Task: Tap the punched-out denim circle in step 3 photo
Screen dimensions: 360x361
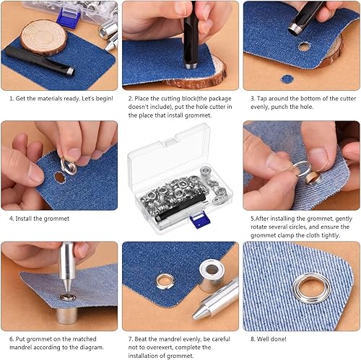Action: point(287,79)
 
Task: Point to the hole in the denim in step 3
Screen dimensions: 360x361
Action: point(303,46)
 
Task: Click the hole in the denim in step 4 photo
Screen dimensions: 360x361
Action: point(59,176)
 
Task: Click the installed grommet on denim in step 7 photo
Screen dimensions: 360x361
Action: point(165,281)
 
